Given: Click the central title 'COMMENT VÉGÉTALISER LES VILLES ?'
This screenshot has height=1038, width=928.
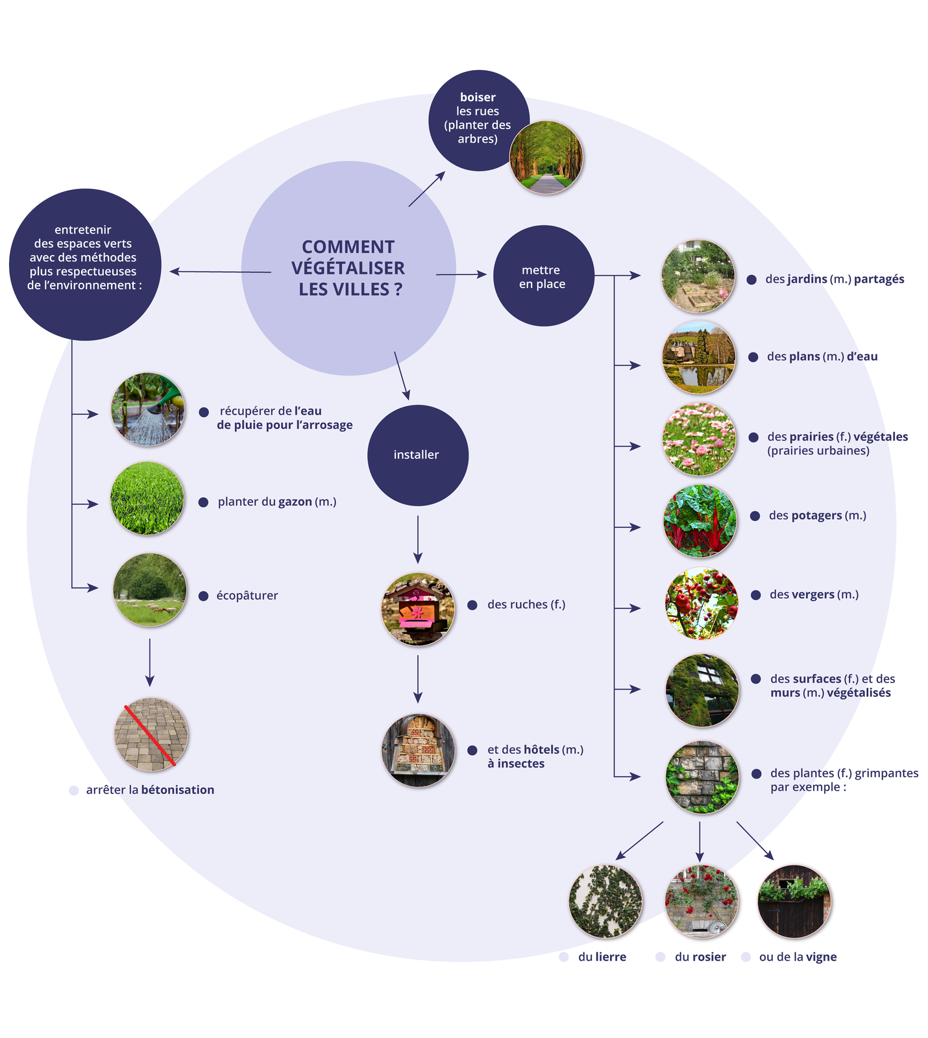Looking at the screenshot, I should (348, 268).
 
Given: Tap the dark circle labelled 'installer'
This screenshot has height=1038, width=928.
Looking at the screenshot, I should (417, 455).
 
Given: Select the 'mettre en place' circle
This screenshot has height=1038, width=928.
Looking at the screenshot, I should (543, 276).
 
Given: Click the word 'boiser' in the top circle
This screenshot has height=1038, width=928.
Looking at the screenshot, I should (478, 97).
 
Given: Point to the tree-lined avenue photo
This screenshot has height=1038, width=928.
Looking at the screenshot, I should (546, 158).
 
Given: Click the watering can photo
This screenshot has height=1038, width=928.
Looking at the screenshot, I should (149, 409).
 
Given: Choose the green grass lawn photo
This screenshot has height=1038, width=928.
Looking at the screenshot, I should (147, 498).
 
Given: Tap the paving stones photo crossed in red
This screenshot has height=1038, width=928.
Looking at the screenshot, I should (151, 734).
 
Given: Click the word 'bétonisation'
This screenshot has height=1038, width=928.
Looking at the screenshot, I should (178, 790).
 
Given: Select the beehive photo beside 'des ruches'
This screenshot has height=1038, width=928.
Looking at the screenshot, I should (418, 609).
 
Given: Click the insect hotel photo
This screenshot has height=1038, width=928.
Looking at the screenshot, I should (418, 750).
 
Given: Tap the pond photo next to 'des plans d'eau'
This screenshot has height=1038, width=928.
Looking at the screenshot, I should (699, 357).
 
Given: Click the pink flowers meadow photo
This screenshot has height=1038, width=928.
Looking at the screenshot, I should (700, 439).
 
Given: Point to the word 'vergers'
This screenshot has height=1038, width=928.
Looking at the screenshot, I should (812, 594).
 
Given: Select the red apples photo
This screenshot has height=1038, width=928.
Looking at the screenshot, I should (702, 603).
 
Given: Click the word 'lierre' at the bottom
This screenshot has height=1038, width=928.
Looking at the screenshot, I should (610, 957).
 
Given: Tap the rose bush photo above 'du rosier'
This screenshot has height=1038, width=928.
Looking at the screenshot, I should (702, 902).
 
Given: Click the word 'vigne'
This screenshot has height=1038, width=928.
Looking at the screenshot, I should (821, 957).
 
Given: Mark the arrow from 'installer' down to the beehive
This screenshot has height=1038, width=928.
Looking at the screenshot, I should (418, 539).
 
